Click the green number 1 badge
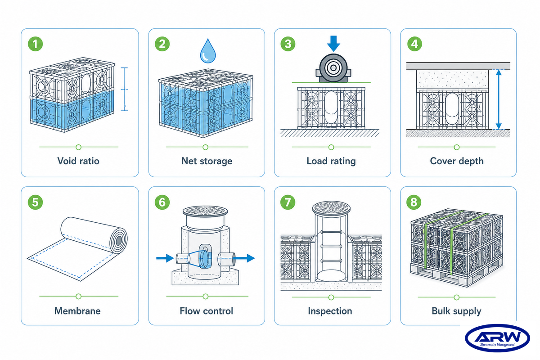point(36,44)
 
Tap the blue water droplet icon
point(208,51)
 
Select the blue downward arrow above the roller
point(333,44)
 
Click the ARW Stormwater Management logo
point(497,338)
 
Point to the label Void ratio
point(78,161)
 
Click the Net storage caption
point(207,161)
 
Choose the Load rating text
point(331,161)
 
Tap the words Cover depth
point(457,161)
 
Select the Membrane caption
point(77,311)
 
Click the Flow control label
point(207,311)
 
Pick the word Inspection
point(330,311)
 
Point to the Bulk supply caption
point(456,311)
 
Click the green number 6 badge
point(162,202)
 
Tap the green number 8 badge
point(414,202)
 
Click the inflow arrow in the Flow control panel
point(165,258)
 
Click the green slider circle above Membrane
point(78,297)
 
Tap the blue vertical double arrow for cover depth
point(499,99)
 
